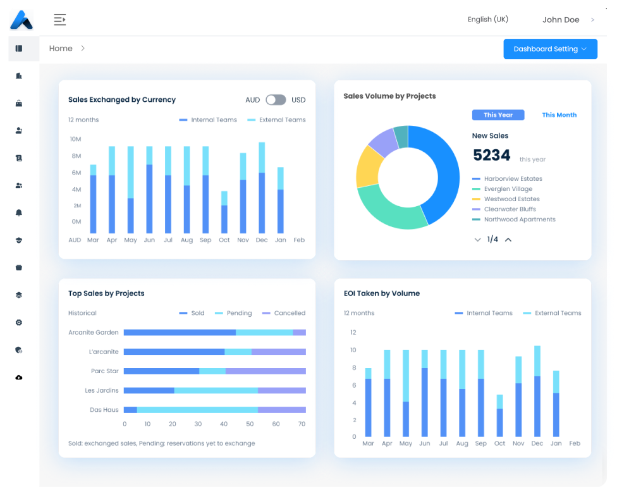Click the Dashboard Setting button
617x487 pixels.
click(x=550, y=49)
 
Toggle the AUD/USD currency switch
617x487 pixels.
click(x=276, y=100)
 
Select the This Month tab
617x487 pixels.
click(x=559, y=115)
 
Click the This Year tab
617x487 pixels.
click(x=498, y=115)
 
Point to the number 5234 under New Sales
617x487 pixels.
click(x=491, y=156)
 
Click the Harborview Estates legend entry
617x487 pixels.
click(x=513, y=179)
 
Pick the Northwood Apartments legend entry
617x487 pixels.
click(x=519, y=219)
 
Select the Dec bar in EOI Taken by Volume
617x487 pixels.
click(x=537, y=392)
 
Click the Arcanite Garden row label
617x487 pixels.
click(x=94, y=333)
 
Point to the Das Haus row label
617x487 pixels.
click(x=104, y=410)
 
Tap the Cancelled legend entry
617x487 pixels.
click(x=289, y=313)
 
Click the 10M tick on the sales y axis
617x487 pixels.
click(x=75, y=139)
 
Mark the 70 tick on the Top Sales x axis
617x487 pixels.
click(x=302, y=424)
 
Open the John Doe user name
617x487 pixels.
click(x=561, y=20)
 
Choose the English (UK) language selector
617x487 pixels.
click(x=487, y=20)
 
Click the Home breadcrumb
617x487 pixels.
click(x=61, y=49)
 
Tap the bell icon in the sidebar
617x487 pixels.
click(x=19, y=213)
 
